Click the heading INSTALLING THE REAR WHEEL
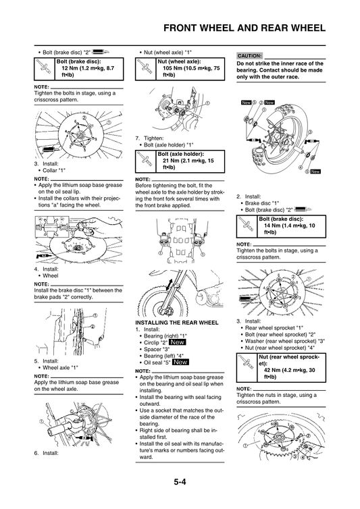tap(177, 323)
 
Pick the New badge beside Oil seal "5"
tap(180, 363)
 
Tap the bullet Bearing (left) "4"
tap(162, 356)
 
